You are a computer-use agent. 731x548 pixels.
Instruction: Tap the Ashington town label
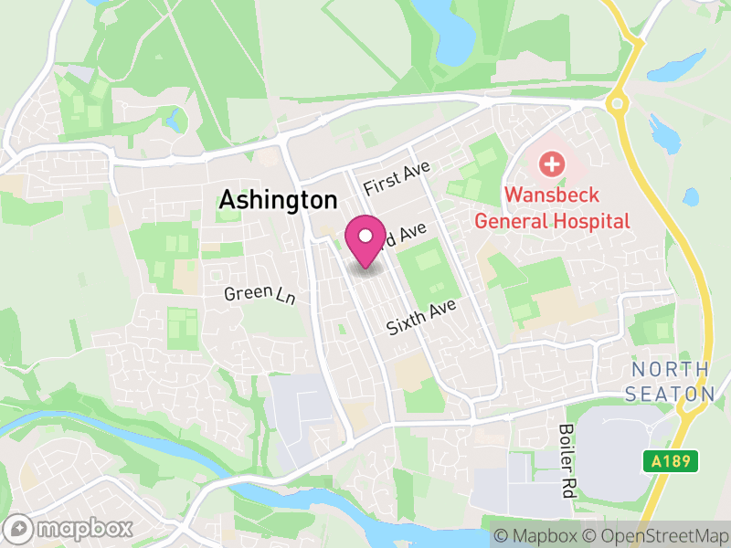point(278,200)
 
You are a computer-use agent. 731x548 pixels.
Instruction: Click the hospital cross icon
point(551,165)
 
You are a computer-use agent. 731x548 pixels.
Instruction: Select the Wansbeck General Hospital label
point(552,207)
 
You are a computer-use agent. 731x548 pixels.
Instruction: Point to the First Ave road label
point(396,174)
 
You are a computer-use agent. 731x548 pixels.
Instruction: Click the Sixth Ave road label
point(420,315)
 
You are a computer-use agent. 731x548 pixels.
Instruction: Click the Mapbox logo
point(69,528)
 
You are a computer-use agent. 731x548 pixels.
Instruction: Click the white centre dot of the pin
point(365,235)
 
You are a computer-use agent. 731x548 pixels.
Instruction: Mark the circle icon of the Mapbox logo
point(19,528)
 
